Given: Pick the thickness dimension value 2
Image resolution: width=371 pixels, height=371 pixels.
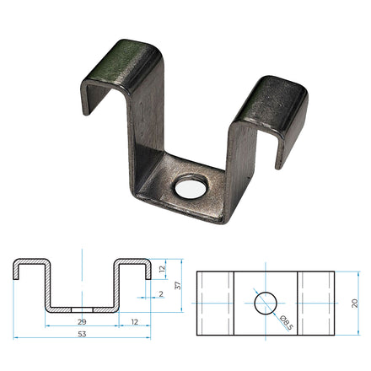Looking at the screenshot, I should pos(161,294).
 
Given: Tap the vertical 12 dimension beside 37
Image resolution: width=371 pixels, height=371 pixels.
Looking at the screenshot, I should pos(162,270).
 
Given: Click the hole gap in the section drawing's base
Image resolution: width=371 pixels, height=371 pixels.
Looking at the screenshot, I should pos(82,309).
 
